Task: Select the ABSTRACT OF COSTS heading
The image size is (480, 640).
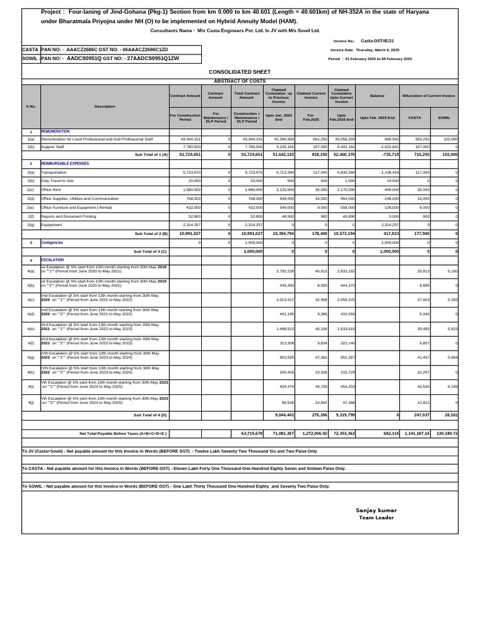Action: pyautogui.click(x=239, y=81)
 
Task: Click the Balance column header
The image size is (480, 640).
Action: pyautogui.click(x=377, y=96)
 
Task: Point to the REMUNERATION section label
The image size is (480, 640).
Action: pyautogui.click(x=55, y=132)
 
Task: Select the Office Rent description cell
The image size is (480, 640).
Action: pyautogui.click(x=52, y=189)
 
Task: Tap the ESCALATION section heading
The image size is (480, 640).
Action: pyautogui.click(x=52, y=259)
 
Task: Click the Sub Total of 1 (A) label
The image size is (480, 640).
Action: pyautogui.click(x=151, y=154)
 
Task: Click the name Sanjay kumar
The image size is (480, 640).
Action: pyautogui.click(x=376, y=510)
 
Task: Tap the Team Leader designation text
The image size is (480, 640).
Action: pyautogui.click(x=375, y=517)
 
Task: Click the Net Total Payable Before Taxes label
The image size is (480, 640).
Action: pyautogui.click(x=122, y=432)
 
